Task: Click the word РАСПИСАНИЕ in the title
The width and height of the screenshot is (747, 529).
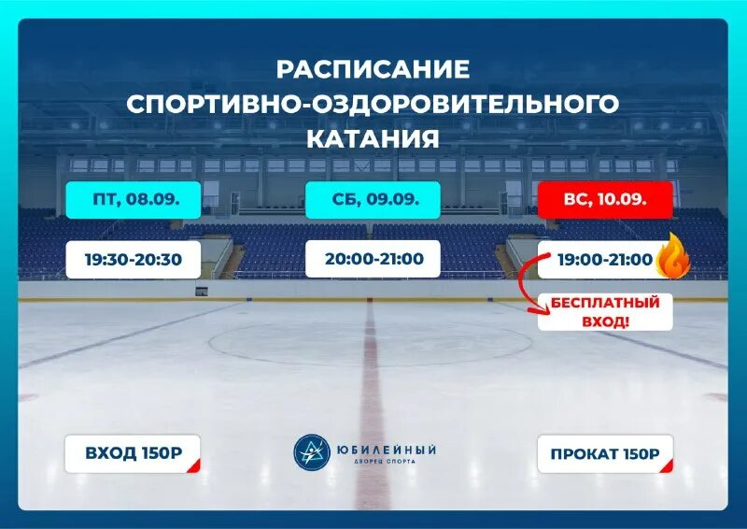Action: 373,69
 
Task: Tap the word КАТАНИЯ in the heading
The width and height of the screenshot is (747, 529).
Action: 373,138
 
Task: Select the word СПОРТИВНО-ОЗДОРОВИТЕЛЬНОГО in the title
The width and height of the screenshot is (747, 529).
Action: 373,104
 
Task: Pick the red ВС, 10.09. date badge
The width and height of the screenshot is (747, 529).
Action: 605,200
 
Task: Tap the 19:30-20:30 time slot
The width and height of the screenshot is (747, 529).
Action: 134,259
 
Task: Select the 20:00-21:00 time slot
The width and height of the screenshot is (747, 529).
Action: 373,258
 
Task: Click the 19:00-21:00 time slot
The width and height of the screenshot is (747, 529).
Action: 603,259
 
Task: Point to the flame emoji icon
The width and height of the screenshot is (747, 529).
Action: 673,259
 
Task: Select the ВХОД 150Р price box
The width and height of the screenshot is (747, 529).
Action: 133,454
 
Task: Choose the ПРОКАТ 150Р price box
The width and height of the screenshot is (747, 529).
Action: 604,454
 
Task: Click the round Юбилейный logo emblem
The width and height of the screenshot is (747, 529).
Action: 313,453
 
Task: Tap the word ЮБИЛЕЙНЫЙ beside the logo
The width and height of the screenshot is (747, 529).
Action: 388,449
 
